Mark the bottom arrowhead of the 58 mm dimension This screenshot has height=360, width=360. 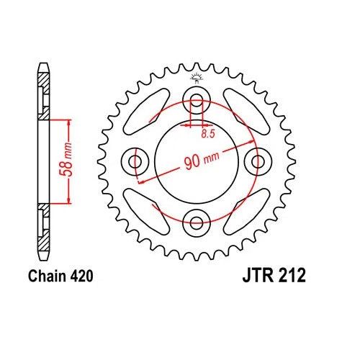68,202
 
